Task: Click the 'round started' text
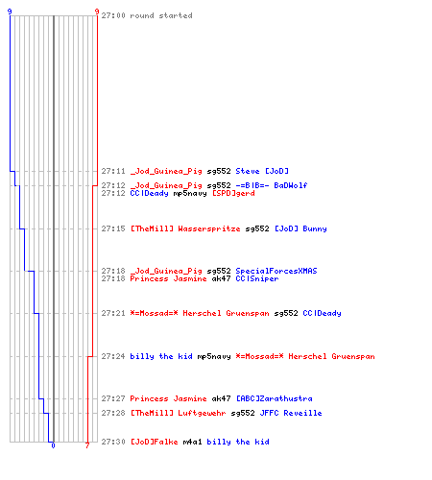(161, 15)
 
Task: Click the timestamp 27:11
(113, 171)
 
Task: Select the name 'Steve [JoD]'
(262, 171)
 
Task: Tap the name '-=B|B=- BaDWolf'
(272, 185)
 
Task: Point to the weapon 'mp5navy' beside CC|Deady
(190, 193)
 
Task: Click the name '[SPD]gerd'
(233, 193)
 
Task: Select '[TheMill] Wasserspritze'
(185, 228)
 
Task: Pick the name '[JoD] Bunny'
(300, 228)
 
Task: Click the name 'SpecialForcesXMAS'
(276, 271)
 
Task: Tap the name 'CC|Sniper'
(257, 278)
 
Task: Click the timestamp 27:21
(113, 313)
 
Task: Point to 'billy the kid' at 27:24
(161, 356)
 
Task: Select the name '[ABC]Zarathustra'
(275, 398)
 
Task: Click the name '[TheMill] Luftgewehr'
(179, 413)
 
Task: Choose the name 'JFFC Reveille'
(291, 413)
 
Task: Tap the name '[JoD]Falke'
(155, 442)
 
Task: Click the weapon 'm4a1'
(192, 442)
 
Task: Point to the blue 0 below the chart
(53, 445)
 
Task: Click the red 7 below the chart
(87, 445)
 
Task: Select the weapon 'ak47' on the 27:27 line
(221, 398)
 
